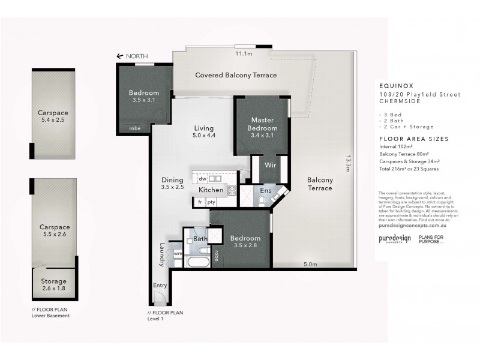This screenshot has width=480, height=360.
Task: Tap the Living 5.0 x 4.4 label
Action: [203, 132]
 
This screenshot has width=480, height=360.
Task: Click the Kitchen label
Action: [212, 190]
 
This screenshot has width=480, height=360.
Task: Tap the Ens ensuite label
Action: [265, 191]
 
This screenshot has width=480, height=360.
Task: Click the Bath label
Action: [200, 239]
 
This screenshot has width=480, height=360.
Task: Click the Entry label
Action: [160, 285]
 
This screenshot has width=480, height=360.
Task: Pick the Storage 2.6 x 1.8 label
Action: [53, 284]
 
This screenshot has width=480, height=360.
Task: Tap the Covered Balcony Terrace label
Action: [236, 76]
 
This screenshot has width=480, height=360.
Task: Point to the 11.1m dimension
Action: [242, 54]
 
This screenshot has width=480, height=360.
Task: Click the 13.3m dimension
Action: [348, 163]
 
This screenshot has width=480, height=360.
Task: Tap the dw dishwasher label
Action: [202, 178]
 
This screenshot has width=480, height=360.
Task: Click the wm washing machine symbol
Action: [176, 253]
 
